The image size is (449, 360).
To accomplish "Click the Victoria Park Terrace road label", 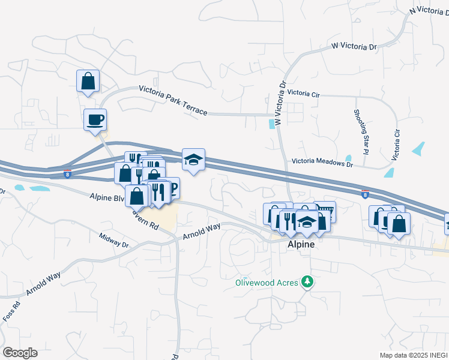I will pos(173,100).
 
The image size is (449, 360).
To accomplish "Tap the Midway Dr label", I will pos(114,240).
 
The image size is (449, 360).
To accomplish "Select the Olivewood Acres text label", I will pos(267,282).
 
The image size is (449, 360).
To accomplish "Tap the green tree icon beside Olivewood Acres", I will pos(307,281).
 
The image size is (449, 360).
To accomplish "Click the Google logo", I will pos(20,352).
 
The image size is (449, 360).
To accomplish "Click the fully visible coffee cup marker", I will pos(95,119).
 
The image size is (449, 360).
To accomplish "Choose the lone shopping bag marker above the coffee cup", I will pos(88,81).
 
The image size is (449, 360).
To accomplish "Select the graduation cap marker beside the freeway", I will pos(193,160).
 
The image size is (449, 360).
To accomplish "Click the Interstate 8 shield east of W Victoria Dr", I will pos(365,194).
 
